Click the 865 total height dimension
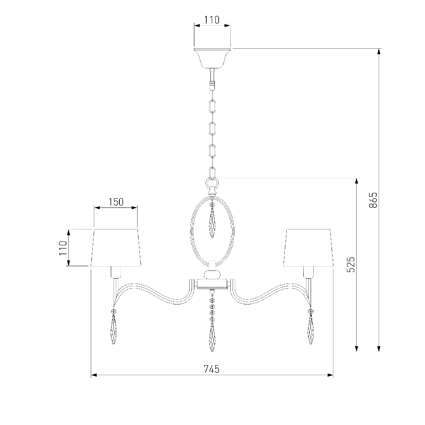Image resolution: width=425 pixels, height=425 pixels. coord(373,200)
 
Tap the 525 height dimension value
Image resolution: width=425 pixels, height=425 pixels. coord(350,265)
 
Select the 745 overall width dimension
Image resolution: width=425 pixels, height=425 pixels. coord(211,369)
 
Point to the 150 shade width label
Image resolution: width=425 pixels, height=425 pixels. coord(116,202)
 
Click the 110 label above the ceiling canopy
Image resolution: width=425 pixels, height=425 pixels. coord(212,20)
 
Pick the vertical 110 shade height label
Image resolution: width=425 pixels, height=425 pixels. coord(63,248)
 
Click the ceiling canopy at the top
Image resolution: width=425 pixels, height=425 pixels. coord(212,58)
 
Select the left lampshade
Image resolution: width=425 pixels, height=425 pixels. coord(116,248)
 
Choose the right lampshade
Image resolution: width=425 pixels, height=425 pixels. coord(308,248)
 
